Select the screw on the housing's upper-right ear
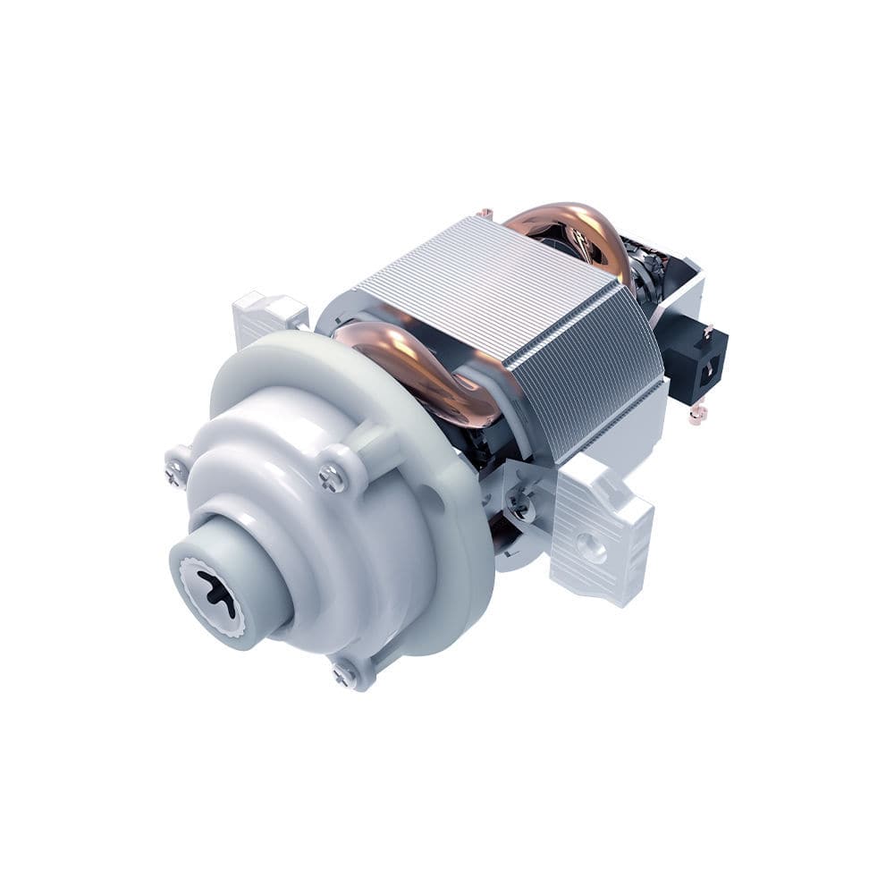(x=332, y=480)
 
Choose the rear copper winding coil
(x=572, y=228)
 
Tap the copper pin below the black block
(x=696, y=414)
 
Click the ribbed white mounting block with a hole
(x=599, y=527)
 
